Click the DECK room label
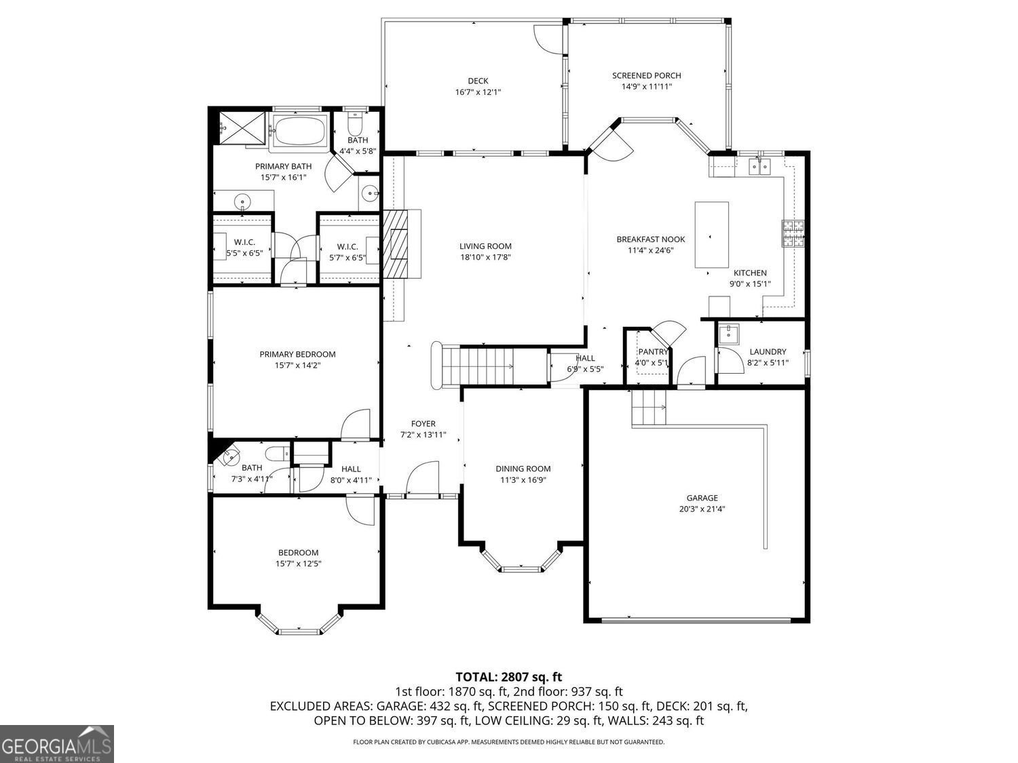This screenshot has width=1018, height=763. pos(478,81)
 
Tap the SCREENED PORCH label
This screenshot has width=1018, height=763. pos(646,75)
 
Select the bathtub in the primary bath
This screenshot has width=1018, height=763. pos(299,130)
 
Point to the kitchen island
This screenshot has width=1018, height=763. pos(712,235)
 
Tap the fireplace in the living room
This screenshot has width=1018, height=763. pos(397,244)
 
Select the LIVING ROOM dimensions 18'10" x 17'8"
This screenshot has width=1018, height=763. pos(485,257)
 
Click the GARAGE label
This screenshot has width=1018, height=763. pos(702,498)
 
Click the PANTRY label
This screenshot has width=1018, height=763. pos(653,351)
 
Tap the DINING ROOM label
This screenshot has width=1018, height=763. pos(523,469)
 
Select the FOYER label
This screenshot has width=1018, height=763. pos(423,424)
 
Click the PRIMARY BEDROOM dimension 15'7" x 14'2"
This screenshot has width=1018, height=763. pos(297,365)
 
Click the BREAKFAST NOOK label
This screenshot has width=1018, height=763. pos(650,239)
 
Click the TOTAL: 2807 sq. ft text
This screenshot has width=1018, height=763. pos(508,676)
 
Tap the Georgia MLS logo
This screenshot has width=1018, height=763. pos(57,743)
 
